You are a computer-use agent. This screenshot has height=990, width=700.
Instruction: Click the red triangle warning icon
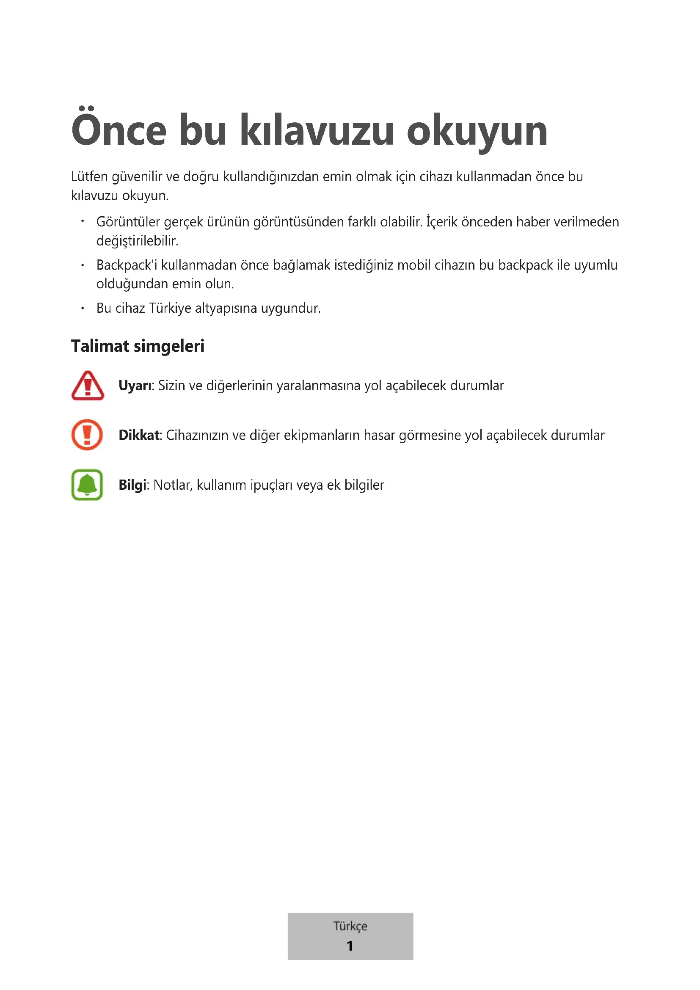pos(88,386)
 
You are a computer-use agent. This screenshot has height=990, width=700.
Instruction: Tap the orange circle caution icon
pos(87,435)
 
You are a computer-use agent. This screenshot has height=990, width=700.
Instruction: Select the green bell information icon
pos(87,485)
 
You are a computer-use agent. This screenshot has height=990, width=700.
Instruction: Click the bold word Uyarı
pos(135,386)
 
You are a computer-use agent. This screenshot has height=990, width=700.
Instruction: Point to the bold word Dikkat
pos(139,435)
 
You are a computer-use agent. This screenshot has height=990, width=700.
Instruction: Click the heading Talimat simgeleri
pos(138,346)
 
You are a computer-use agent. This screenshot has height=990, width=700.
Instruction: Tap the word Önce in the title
pos(119,130)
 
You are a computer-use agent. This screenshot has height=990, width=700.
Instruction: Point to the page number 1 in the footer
pos(350,946)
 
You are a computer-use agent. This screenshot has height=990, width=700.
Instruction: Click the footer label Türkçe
pos(350,926)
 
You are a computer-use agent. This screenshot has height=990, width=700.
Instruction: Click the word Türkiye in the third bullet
pos(170,308)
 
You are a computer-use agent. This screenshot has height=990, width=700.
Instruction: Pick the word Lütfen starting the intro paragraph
pos(89,176)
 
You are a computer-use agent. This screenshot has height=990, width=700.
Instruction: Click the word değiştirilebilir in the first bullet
pos(137,240)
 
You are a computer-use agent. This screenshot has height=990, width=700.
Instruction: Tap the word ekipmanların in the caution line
pos(322,435)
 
